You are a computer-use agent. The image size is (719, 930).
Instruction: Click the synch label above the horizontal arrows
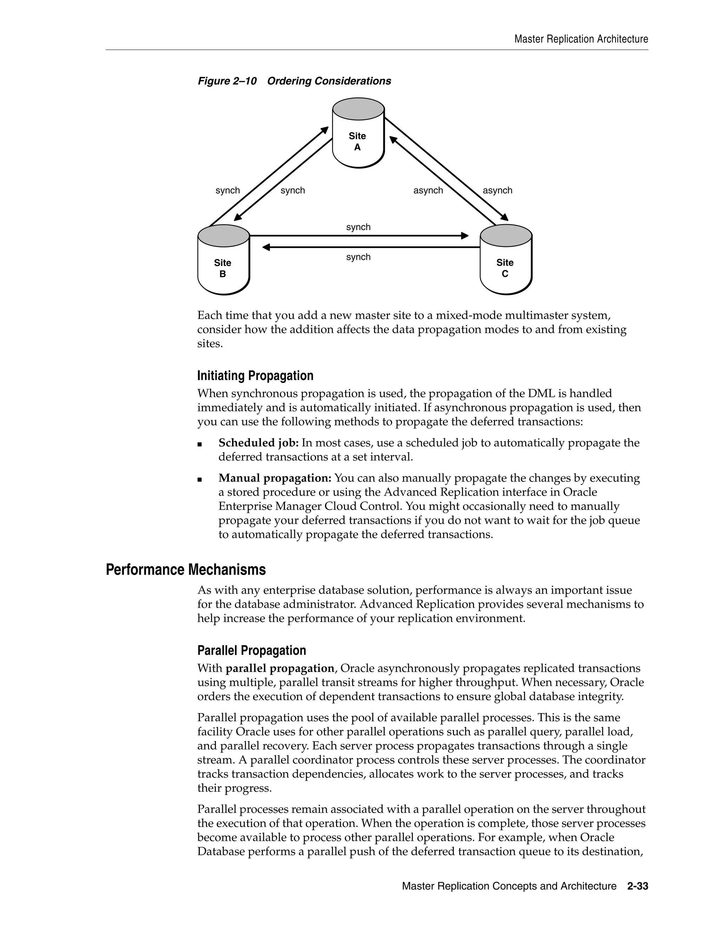pos(358,227)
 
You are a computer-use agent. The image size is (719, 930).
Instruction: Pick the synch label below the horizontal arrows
pos(358,257)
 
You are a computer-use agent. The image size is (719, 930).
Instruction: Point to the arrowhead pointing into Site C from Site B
pos(465,235)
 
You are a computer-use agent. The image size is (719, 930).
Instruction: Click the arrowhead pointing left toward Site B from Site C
pos(266,247)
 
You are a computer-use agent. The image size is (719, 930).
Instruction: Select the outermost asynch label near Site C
pos(497,190)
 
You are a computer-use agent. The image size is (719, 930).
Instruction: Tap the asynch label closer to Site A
pos(428,190)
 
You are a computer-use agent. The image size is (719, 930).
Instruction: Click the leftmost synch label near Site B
pos(227,190)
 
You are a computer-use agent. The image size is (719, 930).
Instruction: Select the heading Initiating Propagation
pos(255,376)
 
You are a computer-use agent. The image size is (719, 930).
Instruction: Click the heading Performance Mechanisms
pos(186,569)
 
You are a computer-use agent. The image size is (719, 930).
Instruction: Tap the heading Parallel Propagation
pos(251,650)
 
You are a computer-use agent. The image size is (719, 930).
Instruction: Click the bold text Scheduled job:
pos(258,443)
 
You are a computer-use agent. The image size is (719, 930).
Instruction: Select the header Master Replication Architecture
pos(581,39)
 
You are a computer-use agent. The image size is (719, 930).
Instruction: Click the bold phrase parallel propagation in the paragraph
pos(279,669)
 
